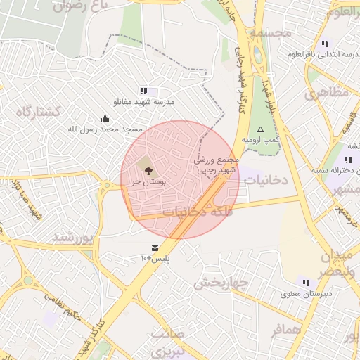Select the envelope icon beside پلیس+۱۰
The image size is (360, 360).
[x=155, y=247]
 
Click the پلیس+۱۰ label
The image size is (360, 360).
[x=156, y=259]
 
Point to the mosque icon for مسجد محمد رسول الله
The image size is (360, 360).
[x=105, y=118]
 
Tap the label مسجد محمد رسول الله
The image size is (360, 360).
[x=105, y=129]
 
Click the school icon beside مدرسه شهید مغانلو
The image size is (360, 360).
[x=144, y=91]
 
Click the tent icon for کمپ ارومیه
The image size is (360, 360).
[x=260, y=129]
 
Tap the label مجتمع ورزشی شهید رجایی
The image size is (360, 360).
[x=217, y=164]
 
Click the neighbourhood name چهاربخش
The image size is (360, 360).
[x=221, y=283]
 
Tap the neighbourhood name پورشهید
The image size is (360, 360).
[x=72, y=237]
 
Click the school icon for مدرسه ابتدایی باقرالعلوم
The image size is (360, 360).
[x=324, y=44]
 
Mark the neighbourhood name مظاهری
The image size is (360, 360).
[x=328, y=92]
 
